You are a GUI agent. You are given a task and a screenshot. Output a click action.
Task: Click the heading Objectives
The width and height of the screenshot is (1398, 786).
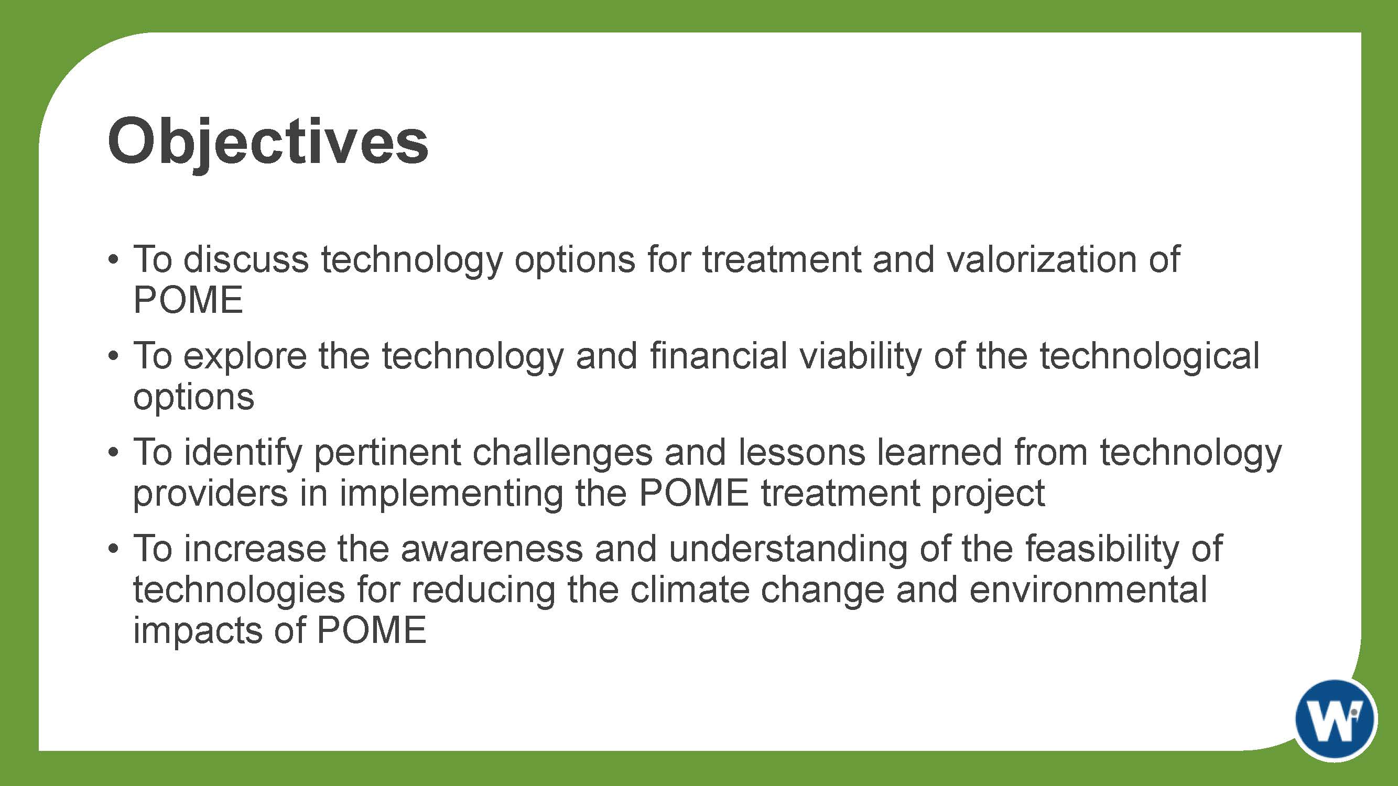267,142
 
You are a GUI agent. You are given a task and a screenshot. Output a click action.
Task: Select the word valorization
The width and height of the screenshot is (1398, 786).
1042,259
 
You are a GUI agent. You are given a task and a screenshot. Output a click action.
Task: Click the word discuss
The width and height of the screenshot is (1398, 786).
246,259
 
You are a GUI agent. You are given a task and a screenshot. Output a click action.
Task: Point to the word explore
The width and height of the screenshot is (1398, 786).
245,357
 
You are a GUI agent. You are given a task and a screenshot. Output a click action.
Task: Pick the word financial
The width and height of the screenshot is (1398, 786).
719,356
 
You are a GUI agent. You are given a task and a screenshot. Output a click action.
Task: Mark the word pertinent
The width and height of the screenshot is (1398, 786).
387,453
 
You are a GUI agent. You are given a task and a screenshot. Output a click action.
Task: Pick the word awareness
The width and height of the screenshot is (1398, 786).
492,549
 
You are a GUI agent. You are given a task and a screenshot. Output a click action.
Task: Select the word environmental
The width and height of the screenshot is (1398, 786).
1088,590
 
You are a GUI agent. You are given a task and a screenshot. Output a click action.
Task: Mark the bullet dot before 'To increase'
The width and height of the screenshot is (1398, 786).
113,549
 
